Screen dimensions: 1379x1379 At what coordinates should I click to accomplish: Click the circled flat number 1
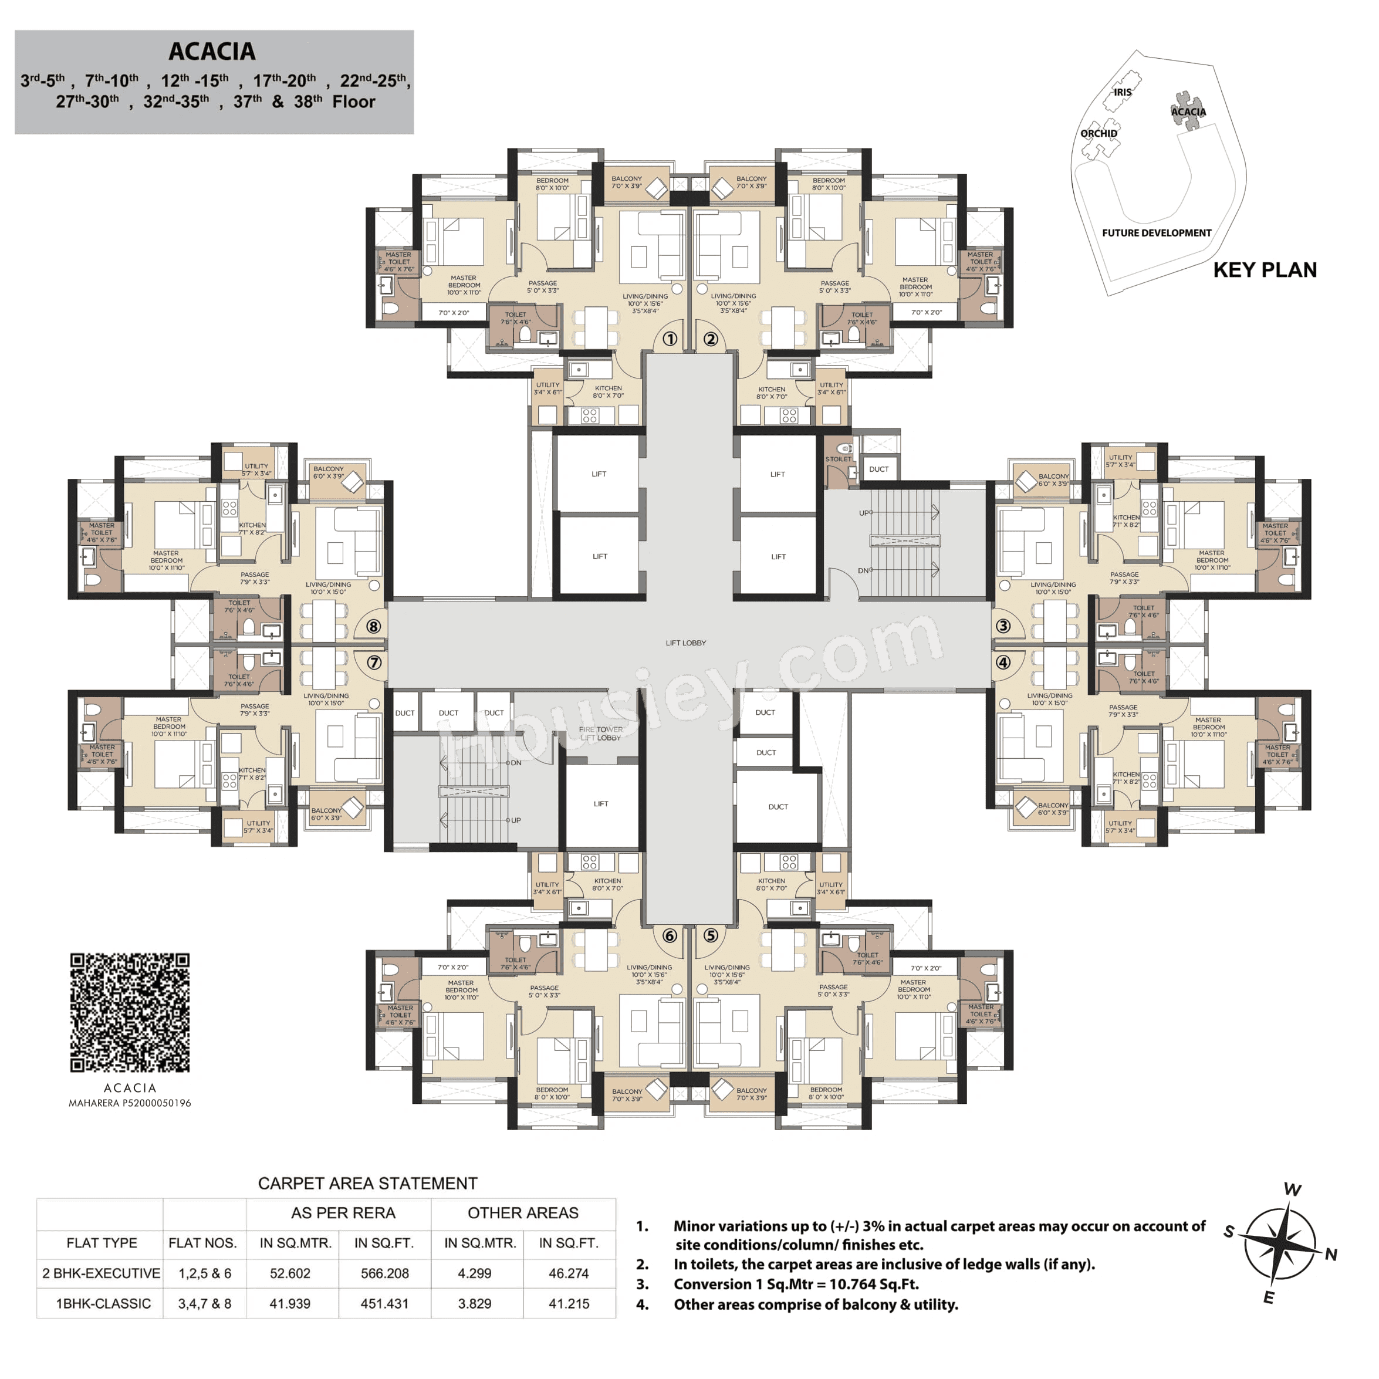pyautogui.click(x=670, y=339)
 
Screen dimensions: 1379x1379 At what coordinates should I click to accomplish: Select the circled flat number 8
pyautogui.click(x=373, y=627)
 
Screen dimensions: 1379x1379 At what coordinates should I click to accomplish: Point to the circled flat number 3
pyautogui.click(x=1003, y=626)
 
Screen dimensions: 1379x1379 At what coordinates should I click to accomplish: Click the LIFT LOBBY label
pyautogui.click(x=685, y=643)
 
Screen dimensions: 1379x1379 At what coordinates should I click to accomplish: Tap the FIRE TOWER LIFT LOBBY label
pyautogui.click(x=600, y=734)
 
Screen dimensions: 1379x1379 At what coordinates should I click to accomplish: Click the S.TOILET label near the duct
pyautogui.click(x=838, y=459)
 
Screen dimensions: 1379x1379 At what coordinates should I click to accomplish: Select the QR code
pyautogui.click(x=130, y=1012)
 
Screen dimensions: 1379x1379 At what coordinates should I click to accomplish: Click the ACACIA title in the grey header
pyautogui.click(x=212, y=52)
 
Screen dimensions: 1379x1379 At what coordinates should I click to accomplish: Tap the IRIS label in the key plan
pyautogui.click(x=1122, y=92)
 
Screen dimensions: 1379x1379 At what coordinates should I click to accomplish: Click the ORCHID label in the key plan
pyautogui.click(x=1099, y=133)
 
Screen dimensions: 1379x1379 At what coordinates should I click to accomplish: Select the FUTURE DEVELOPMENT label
pyautogui.click(x=1156, y=233)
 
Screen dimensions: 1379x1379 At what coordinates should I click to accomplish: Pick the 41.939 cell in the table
pyautogui.click(x=290, y=1303)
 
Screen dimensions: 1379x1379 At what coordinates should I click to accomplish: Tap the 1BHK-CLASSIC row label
pyautogui.click(x=103, y=1303)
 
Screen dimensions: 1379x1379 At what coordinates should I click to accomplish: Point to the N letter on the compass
pyautogui.click(x=1330, y=1254)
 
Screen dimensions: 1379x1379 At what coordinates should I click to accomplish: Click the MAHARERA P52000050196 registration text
pyautogui.click(x=130, y=1103)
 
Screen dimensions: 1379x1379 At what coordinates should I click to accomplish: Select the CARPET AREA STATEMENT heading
pyautogui.click(x=367, y=1184)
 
